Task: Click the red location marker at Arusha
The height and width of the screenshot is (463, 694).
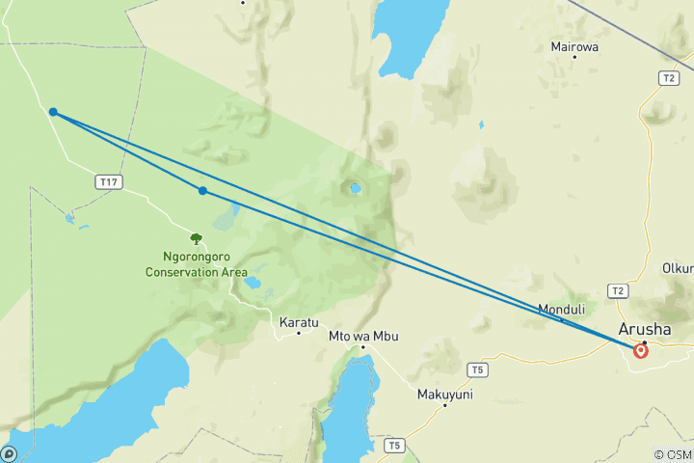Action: point(641,351)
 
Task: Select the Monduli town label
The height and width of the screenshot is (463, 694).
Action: point(561,310)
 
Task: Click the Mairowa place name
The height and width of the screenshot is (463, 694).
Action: point(574,45)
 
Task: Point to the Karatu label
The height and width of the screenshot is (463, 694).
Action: point(298,322)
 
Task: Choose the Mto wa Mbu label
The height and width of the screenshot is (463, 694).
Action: point(363,336)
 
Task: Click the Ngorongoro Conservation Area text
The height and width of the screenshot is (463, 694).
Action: point(196,265)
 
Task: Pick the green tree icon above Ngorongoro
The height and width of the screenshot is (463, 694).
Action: point(197,238)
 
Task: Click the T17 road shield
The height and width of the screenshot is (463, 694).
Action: point(109,181)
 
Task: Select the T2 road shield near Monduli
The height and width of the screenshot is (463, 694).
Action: point(619,290)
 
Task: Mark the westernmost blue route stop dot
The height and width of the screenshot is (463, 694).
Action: point(53,112)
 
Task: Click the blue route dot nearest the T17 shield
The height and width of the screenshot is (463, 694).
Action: point(202,191)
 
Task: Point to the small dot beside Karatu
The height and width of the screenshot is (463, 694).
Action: point(299,334)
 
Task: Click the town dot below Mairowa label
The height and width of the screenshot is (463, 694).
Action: point(574,57)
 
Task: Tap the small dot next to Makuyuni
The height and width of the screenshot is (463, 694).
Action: point(444,405)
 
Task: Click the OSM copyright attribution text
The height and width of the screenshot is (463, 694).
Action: point(672,454)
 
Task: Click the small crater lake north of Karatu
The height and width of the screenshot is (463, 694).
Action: point(253,284)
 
